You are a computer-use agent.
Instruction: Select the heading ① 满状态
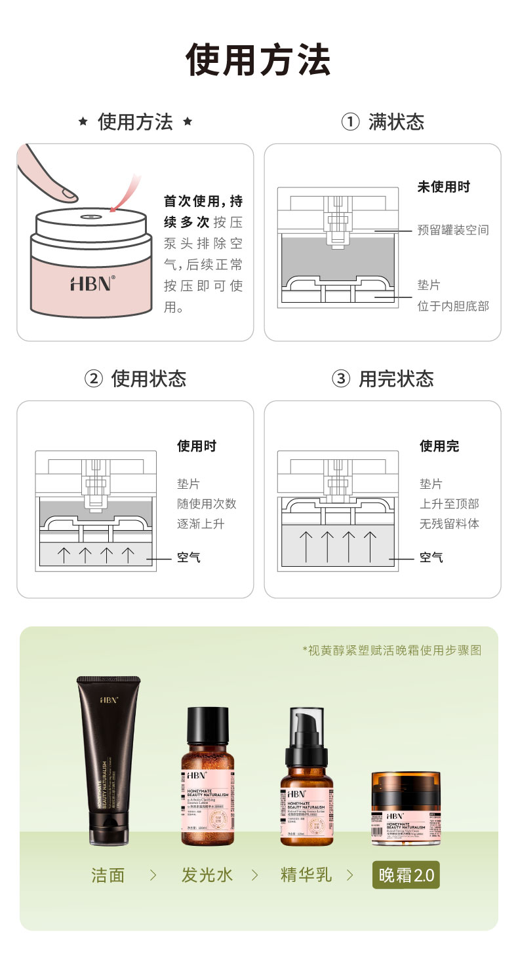[x=383, y=122]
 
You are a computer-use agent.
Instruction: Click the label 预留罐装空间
[x=453, y=231]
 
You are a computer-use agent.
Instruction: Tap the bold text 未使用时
[x=444, y=187]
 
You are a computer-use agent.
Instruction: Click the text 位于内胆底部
[x=453, y=306]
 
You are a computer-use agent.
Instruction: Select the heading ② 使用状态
[x=135, y=379]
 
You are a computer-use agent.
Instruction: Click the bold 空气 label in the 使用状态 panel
[x=189, y=558]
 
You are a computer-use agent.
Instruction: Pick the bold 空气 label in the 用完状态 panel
[x=431, y=558]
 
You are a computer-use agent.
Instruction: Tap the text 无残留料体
[x=449, y=524]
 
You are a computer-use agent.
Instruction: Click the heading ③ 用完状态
[x=383, y=379]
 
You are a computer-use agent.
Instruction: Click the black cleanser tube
[x=108, y=760]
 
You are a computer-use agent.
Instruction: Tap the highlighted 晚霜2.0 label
[x=406, y=875]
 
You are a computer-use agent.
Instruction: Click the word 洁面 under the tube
[x=108, y=875]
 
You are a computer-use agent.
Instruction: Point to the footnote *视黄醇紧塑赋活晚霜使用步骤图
[x=391, y=650]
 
